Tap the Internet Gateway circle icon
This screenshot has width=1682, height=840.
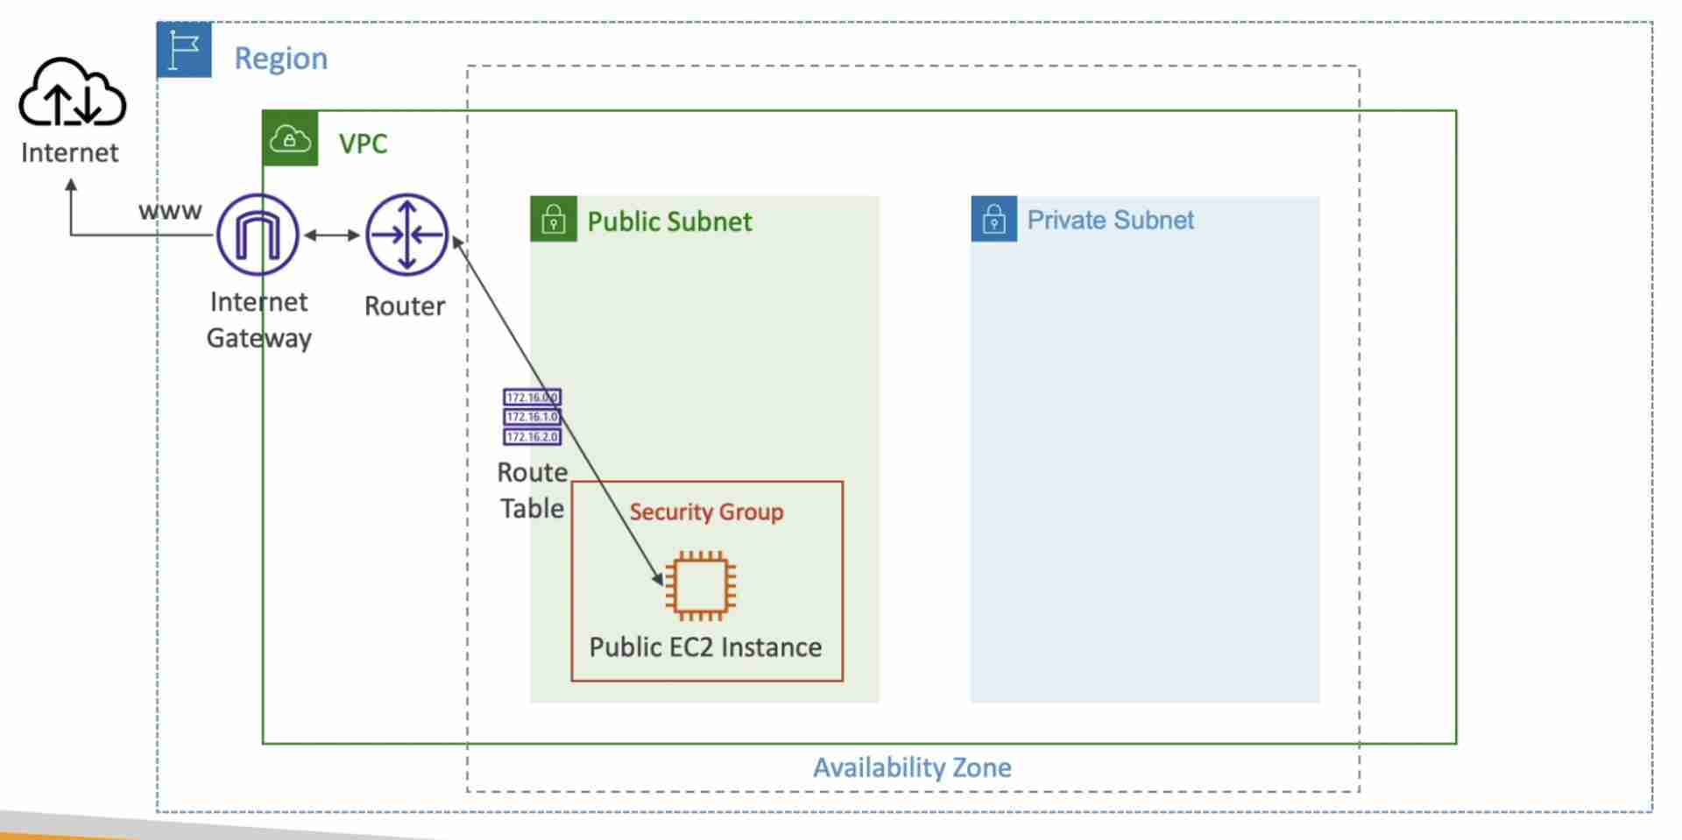point(258,235)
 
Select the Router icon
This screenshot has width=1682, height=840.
point(406,235)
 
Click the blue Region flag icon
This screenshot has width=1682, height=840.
point(184,50)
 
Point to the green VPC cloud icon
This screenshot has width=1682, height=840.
point(290,138)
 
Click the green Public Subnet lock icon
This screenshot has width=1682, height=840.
point(554,219)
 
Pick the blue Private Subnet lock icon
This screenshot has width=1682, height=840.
point(994,219)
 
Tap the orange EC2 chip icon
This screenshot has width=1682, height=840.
point(700,586)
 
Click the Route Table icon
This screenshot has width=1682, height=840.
point(532,417)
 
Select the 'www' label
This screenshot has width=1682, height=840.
point(170,211)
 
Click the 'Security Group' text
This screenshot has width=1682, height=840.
point(706,512)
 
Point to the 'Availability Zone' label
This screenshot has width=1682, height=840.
point(912,767)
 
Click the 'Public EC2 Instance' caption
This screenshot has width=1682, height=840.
point(705,647)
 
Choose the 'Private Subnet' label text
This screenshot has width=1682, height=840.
point(1110,220)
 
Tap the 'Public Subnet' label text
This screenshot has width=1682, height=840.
point(669,222)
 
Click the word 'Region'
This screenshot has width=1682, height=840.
point(280,58)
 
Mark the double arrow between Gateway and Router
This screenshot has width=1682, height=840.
point(332,235)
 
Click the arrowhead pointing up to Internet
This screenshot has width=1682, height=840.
point(71,185)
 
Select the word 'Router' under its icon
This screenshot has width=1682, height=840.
point(405,306)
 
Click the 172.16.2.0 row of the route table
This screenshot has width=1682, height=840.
point(532,436)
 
